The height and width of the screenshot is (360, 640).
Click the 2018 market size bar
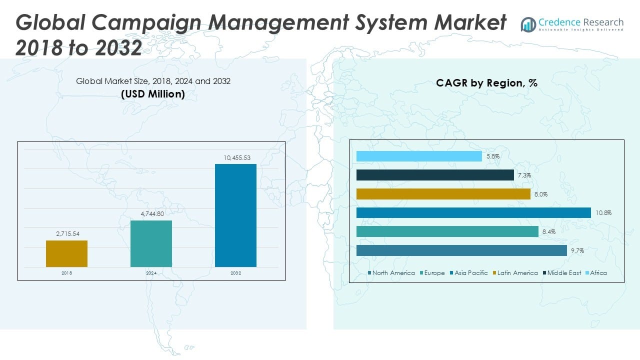66,253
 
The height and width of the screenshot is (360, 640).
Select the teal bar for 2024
151,243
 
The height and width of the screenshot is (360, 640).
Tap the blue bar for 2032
235,215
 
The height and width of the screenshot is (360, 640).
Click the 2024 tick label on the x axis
151,273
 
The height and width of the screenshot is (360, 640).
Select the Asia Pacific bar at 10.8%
473,213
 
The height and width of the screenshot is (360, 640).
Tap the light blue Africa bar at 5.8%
419,156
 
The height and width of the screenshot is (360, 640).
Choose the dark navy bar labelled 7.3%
435,175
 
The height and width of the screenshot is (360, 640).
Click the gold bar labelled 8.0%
443,194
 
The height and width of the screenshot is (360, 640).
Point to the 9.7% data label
577,251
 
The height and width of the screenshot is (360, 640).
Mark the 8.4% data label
548,232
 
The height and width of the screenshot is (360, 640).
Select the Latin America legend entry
517,273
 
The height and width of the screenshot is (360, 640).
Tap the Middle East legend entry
564,273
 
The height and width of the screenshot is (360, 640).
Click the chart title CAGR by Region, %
486,83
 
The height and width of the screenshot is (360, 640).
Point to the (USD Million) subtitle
152,93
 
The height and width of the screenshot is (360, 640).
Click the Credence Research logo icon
528,24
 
